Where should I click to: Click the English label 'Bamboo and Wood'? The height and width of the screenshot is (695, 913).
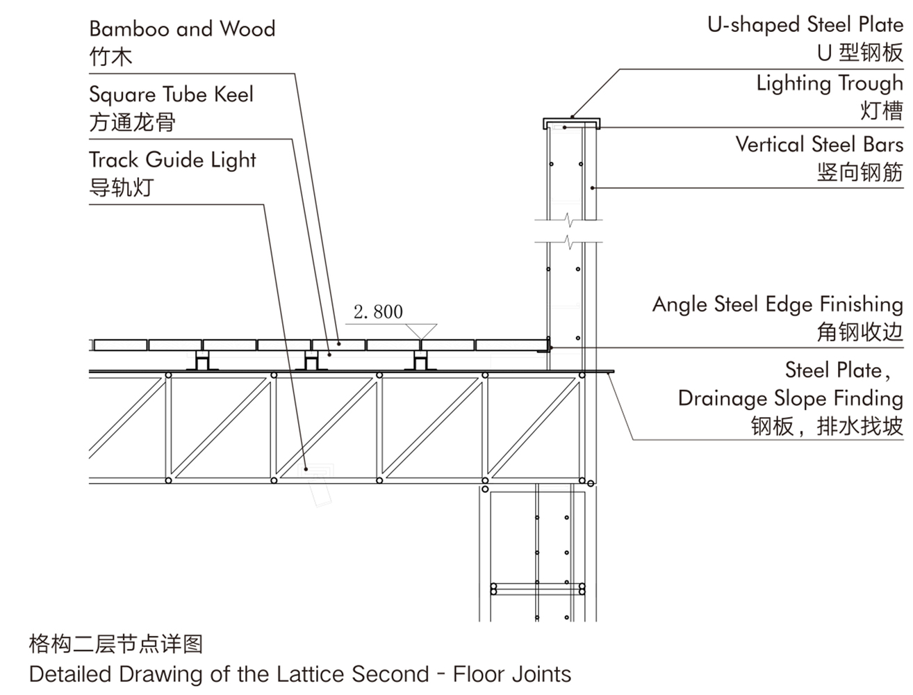[x=182, y=28]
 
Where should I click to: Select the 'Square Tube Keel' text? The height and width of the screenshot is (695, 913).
[x=171, y=95]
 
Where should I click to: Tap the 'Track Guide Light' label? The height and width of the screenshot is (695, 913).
[x=172, y=161]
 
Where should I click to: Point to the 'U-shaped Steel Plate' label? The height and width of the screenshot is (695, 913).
[x=805, y=24]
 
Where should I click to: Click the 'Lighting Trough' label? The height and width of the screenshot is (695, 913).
[x=830, y=83]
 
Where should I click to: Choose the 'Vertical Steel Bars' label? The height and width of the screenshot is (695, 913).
[x=819, y=145]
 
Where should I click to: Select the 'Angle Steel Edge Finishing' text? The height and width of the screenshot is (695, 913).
[x=778, y=304]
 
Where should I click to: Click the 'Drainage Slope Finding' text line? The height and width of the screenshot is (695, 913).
[x=791, y=398]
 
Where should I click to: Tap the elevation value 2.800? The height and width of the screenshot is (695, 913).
[x=378, y=312]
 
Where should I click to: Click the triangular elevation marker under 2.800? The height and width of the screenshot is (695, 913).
[x=421, y=332]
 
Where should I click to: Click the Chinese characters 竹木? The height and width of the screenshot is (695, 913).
[x=111, y=56]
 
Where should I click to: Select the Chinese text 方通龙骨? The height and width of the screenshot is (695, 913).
[x=132, y=122]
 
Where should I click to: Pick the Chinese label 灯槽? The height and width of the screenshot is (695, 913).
[x=882, y=111]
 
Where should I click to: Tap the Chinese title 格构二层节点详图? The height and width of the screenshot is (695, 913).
[x=115, y=644]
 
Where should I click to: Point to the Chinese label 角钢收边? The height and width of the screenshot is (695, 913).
[x=860, y=332]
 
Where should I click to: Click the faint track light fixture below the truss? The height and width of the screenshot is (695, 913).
[x=316, y=484]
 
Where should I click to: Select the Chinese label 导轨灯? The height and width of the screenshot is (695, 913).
[x=122, y=187]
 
